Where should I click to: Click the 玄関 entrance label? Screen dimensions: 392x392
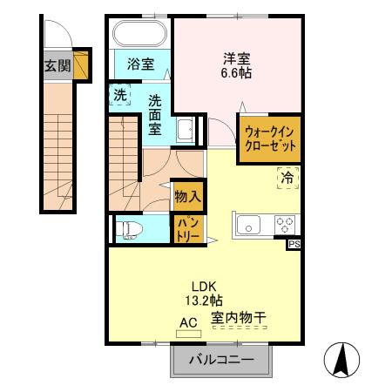click(58, 64)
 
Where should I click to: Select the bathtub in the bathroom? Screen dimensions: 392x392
click(140, 36)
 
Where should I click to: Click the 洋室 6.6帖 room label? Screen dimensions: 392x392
click(236, 66)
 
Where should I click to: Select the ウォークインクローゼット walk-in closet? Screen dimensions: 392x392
click(272, 138)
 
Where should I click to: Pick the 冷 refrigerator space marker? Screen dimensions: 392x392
click(287, 179)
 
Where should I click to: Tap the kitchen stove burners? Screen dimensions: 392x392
click(284, 225)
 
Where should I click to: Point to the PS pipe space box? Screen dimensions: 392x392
click(294, 245)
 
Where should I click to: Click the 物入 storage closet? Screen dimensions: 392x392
click(187, 195)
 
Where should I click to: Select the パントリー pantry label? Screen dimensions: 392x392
click(188, 229)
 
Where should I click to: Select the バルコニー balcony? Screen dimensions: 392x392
click(221, 359)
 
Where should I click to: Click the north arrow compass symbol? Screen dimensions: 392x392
click(342, 358)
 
